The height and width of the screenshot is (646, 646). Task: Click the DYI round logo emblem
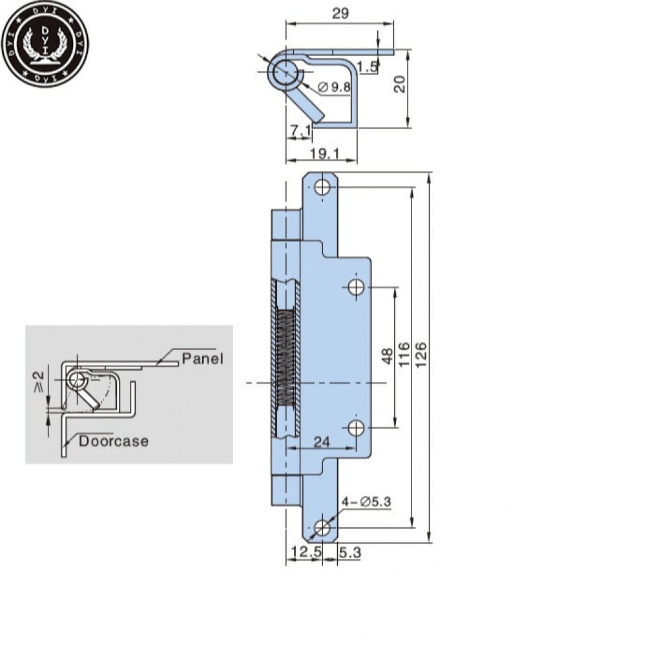[x=45, y=43]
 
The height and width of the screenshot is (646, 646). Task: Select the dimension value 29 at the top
[x=340, y=13]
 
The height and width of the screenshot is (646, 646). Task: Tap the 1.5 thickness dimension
[x=367, y=67]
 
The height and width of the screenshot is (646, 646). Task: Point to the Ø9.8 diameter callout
[x=335, y=87]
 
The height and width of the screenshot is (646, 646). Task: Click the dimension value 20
[x=400, y=84]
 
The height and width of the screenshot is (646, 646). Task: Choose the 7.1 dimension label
[x=301, y=130]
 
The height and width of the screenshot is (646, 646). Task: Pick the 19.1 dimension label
[x=325, y=154]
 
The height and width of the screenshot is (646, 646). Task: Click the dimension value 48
[x=388, y=356]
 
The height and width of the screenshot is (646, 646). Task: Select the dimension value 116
[x=404, y=353]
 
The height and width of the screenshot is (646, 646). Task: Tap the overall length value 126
[x=421, y=353]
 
